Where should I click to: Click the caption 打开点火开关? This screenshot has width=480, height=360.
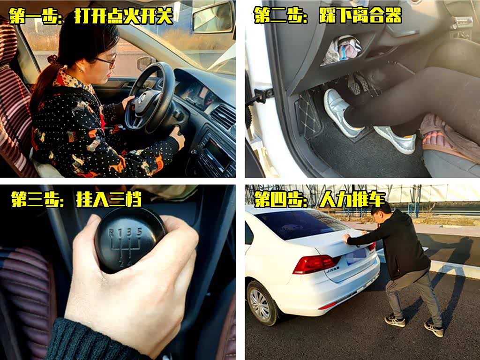tap(124, 16)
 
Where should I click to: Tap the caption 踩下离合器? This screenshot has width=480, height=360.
tap(360, 15)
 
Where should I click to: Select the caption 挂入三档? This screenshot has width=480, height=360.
tap(109, 199)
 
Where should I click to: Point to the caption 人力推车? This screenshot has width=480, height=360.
tap(352, 199)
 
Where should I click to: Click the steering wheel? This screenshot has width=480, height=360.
tap(150, 97)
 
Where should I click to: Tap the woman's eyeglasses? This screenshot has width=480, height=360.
tap(107, 60)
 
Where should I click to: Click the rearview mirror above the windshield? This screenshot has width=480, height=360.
tap(213, 18)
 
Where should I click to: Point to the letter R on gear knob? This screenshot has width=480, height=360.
tap(111, 233)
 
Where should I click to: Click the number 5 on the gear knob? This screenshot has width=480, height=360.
tap(140, 232)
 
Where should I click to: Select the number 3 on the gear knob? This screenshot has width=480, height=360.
tap(129, 232)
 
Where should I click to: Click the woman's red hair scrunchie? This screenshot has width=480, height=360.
tap(52, 60)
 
